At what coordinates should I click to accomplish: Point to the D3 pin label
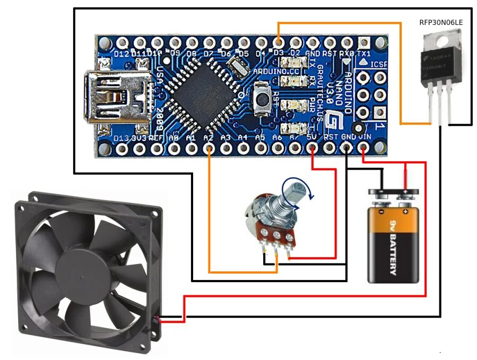[278, 54]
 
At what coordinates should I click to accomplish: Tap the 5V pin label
[313, 137]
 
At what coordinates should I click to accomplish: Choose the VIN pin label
[365, 137]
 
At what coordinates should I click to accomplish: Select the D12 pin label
[122, 54]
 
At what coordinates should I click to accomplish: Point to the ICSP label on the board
[378, 64]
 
